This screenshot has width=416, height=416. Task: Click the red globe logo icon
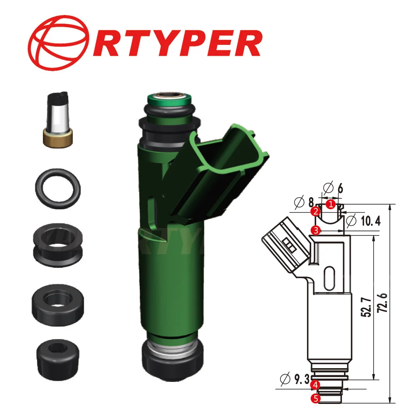click(x=60, y=42)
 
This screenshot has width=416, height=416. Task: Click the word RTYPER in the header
click(x=175, y=43)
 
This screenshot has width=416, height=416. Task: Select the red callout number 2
click(x=316, y=212)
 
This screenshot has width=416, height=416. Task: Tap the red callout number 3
click(x=317, y=230)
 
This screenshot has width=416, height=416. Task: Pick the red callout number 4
click(x=316, y=384)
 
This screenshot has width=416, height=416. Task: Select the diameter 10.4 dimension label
click(x=363, y=221)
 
